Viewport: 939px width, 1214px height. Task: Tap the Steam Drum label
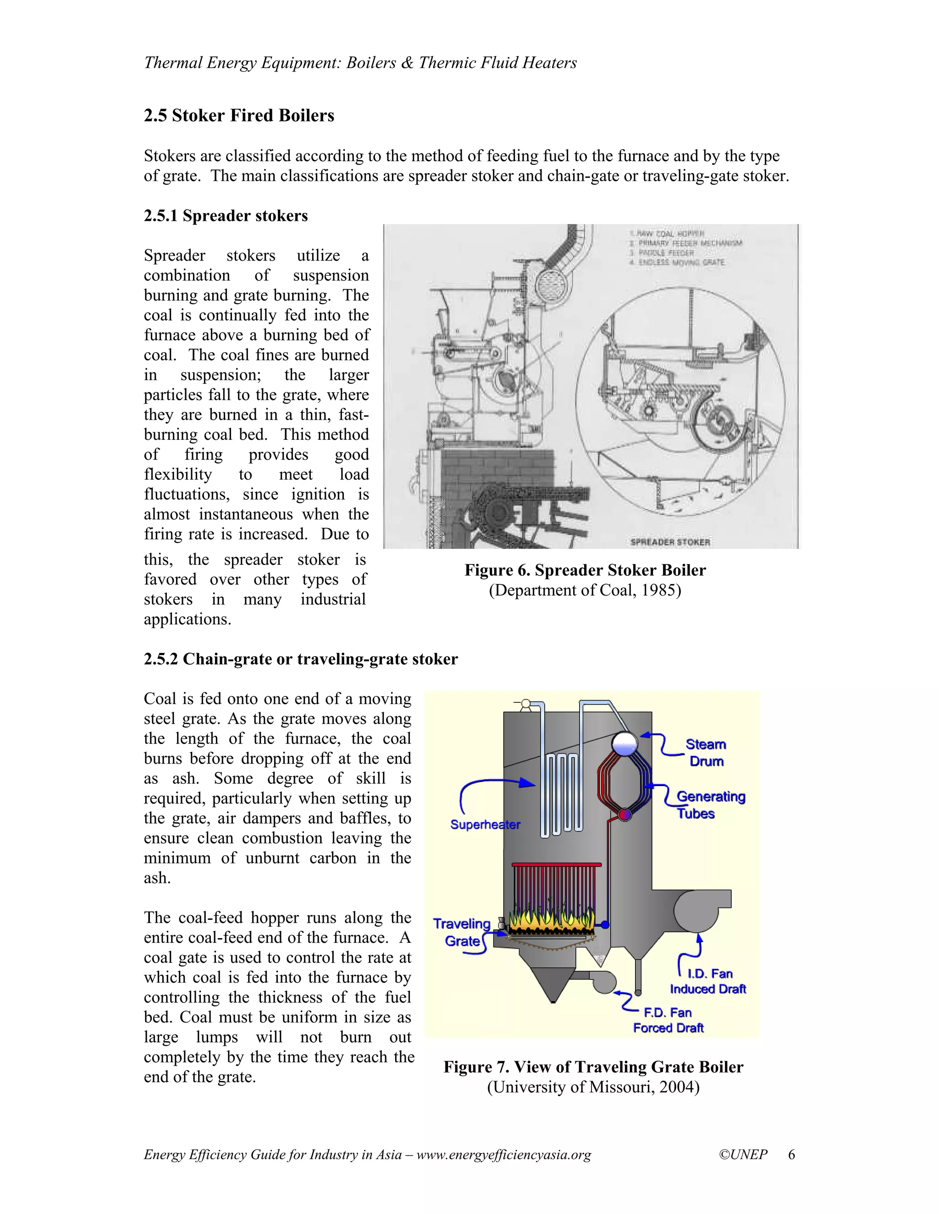coord(705,753)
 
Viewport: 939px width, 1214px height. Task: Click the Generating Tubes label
coord(710,805)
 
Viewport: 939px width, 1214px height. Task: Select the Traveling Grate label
coord(462,932)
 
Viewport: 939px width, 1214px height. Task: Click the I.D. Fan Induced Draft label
coord(707,981)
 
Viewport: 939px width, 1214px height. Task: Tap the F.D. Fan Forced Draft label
coord(668,1020)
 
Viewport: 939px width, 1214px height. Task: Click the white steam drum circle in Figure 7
coord(625,743)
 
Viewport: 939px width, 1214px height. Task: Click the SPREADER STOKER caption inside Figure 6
coord(670,542)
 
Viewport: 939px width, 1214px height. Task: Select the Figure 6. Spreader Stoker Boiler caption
coord(585,570)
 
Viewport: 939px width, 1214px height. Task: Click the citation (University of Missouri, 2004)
coord(592,1087)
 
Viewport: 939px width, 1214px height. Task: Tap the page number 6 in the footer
coord(791,1154)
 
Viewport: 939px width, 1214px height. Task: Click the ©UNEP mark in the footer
coord(743,1154)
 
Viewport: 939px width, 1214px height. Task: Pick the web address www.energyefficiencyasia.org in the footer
coord(503,1154)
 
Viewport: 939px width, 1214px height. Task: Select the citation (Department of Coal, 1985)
coord(585,591)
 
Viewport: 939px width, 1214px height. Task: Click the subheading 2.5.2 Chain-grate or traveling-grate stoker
coord(300,659)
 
